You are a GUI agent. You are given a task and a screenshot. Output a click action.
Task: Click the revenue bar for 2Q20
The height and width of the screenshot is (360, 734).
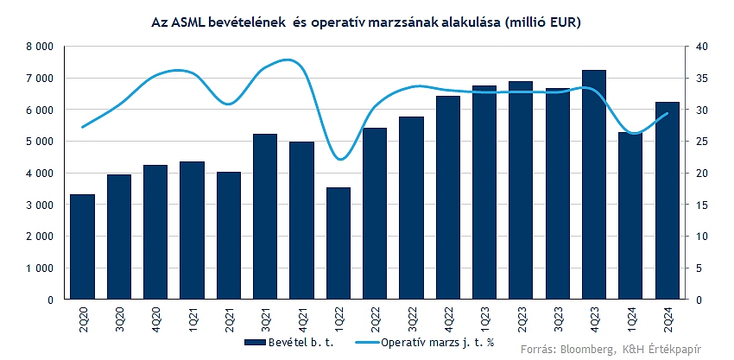tap(82, 247)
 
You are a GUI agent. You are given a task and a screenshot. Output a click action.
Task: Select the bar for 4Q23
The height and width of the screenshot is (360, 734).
tap(594, 185)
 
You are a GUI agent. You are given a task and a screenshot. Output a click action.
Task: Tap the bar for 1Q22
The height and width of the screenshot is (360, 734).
tap(339, 243)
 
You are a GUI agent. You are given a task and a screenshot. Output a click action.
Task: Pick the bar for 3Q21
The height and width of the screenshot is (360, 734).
tap(265, 217)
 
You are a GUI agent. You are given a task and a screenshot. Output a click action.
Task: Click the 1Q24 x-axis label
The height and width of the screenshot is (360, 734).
tap(631, 319)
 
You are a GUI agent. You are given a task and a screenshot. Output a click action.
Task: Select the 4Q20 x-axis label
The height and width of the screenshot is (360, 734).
tap(155, 319)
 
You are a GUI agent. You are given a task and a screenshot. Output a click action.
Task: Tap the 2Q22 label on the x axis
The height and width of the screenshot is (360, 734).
tap(375, 319)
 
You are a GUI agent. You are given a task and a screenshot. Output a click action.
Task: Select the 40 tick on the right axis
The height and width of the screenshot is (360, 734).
tap(702, 47)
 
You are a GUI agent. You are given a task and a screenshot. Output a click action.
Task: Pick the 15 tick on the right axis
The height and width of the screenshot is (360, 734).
tap(702, 205)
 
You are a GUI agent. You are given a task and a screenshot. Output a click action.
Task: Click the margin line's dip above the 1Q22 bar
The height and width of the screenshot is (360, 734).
tap(340, 159)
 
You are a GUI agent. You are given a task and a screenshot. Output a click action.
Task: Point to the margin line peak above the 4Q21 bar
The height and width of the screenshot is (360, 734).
tap(289, 60)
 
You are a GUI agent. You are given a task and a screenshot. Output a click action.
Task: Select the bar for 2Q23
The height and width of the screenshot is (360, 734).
tap(521, 191)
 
